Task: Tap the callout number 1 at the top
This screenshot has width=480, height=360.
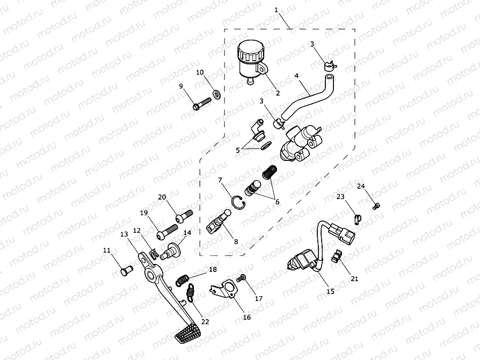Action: coord(276,10)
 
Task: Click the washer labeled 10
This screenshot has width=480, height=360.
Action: coord(217,93)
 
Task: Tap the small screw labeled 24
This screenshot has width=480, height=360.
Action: coord(376,207)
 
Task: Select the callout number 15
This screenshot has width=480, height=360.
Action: coord(330,291)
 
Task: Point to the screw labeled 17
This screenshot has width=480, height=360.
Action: coord(241,278)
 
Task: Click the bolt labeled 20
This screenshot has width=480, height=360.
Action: coord(184,215)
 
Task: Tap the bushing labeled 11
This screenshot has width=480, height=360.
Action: coord(126,270)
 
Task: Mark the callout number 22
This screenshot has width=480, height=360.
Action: coord(205,321)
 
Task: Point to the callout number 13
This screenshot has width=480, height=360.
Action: coord(124,234)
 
